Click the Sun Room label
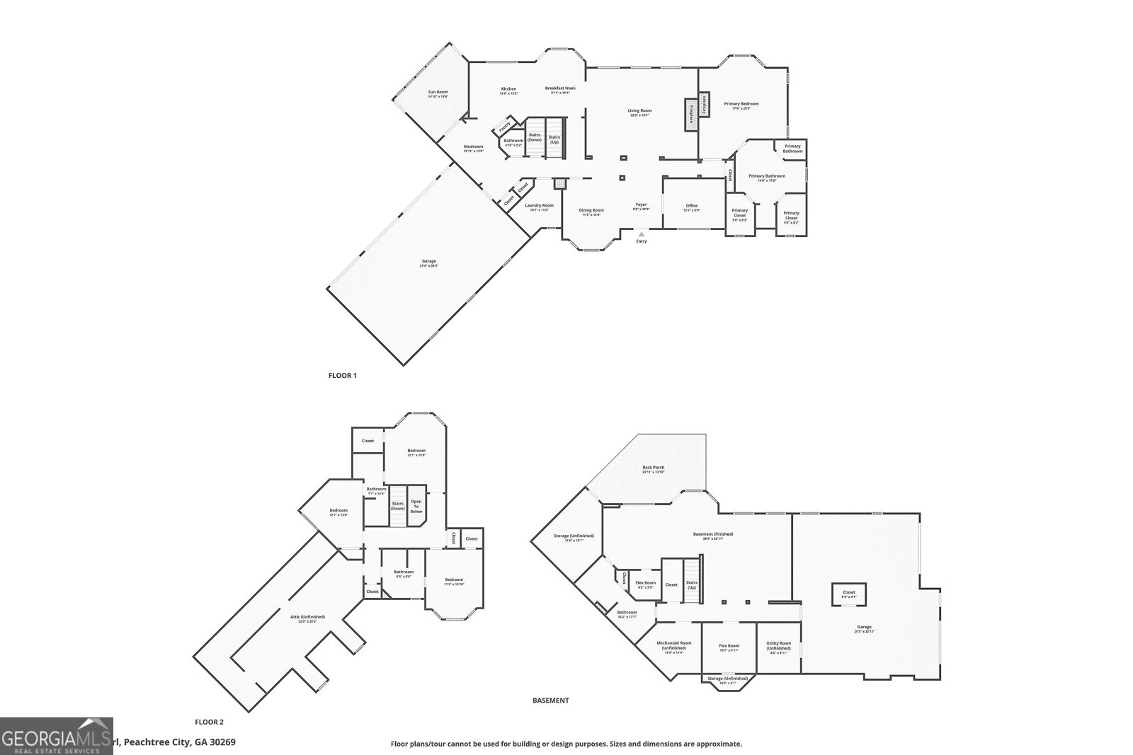pos(438,93)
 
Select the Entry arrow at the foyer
pos(642,234)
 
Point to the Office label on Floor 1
pos(691,207)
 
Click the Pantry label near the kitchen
pos(504,127)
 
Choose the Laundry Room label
pos(540,207)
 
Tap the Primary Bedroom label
pos(741,105)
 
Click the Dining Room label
pos(591,212)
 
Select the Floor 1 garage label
pos(429,263)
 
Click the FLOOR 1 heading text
pos(343,376)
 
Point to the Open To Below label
pos(416,506)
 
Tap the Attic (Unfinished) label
pos(307,618)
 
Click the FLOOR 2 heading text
pos(209,722)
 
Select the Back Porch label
pos(654,469)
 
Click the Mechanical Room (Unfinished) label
pos(673,647)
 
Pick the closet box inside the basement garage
pos(848,594)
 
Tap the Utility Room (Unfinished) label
pos(779,647)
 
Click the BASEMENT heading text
pos(550,701)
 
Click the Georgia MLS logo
pos(56,736)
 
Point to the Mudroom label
pos(473,148)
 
